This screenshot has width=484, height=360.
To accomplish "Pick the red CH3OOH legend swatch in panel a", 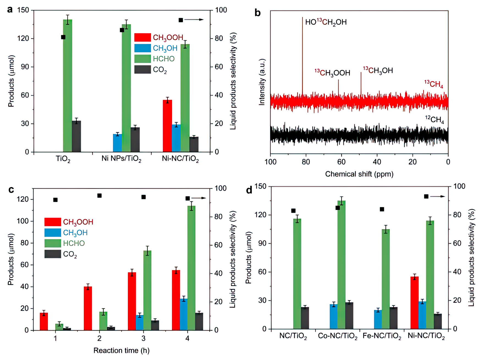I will tap(142, 37).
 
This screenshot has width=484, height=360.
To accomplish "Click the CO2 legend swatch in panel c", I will tap(53, 254).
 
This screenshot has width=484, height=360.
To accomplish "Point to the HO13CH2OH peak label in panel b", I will tap(326, 22).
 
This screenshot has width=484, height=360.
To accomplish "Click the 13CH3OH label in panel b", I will tap(378, 70).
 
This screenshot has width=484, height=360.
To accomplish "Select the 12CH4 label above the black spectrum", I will tap(434, 119).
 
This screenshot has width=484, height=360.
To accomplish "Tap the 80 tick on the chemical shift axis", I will tap(306, 162).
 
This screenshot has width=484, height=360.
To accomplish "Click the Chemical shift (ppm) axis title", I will tap(359, 174).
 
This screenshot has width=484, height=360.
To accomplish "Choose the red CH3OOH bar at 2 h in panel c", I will tap(88, 308).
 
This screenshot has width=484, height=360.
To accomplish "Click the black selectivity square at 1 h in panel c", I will tap(55, 200).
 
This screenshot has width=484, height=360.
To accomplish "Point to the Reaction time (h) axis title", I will tap(121, 350).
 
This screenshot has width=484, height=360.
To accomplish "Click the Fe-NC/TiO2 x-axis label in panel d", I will tap(382, 336).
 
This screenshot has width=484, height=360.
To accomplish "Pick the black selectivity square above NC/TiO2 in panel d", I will tap(293, 211).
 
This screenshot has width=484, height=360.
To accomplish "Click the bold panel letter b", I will tap(257, 13).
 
